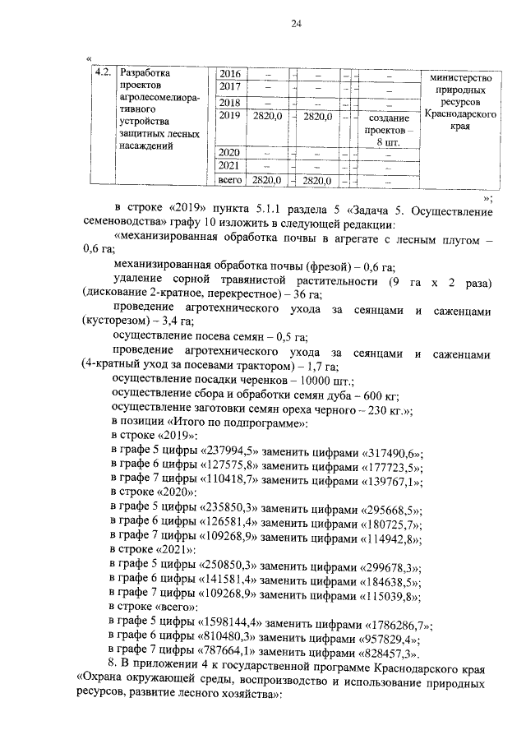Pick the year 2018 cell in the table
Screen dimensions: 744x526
point(229,103)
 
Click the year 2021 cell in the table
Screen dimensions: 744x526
point(229,166)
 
